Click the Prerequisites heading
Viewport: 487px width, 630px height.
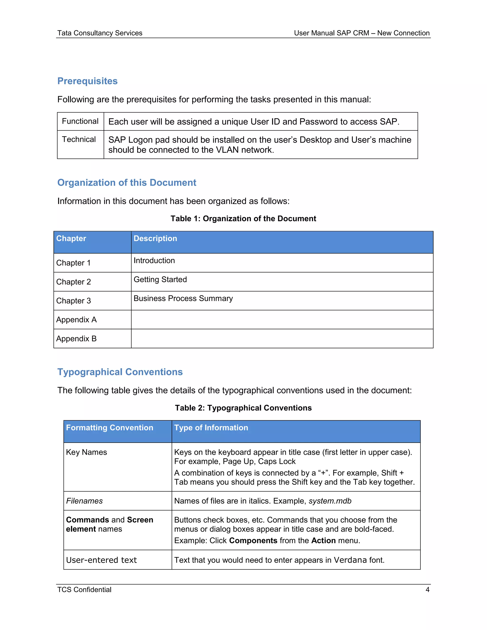88,81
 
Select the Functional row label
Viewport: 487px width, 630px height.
80,121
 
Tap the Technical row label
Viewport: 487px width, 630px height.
79,139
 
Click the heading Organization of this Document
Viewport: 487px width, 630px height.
127,183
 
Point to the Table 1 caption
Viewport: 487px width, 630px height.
243,219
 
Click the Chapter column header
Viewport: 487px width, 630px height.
71,238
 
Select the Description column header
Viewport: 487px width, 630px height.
155,238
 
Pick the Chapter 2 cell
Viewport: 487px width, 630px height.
73,282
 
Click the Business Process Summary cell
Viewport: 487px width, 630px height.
183,299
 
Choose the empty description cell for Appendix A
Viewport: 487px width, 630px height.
282,320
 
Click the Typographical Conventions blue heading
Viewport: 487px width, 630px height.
120,372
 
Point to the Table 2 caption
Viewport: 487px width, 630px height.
243,408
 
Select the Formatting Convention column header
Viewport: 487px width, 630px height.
110,427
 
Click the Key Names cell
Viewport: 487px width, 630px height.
87,452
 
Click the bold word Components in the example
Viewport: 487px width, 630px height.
253,541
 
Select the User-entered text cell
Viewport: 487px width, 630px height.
102,560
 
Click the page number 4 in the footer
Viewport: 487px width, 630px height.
427,590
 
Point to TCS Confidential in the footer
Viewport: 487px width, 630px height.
84,590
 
